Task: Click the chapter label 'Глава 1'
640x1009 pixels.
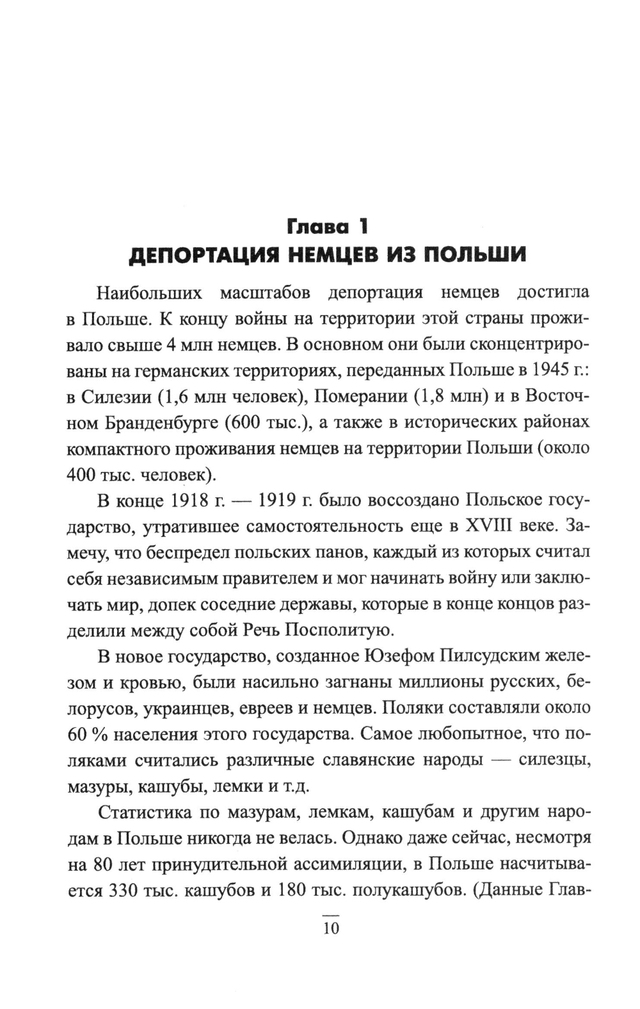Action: (x=328, y=226)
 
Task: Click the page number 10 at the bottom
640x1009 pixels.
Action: (x=330, y=928)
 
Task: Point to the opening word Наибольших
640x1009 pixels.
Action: (x=149, y=293)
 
